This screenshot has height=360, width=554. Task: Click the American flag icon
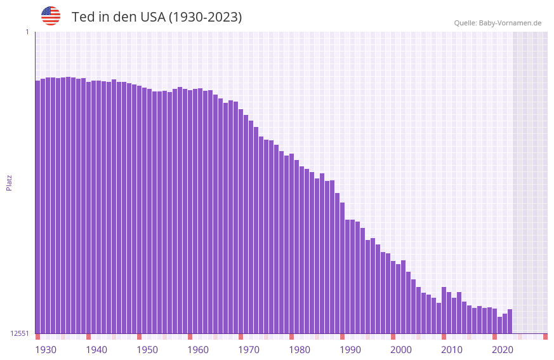(x=51, y=16)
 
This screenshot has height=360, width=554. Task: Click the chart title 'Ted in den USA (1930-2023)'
(x=157, y=17)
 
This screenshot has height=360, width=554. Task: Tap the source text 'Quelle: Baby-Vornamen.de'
(x=498, y=23)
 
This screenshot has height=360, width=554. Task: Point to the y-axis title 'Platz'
(x=9, y=183)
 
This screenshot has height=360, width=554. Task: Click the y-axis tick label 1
(x=27, y=32)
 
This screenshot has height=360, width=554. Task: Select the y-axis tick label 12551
(x=20, y=333)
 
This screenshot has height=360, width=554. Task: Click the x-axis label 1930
(x=46, y=350)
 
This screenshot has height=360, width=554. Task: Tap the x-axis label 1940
(x=96, y=350)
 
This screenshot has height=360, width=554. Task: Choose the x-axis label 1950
(x=147, y=350)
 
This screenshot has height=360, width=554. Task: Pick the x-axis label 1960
(x=198, y=350)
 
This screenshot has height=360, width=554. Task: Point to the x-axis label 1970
(x=249, y=350)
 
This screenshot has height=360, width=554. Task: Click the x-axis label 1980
(x=300, y=350)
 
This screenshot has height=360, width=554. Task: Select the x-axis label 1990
(x=350, y=350)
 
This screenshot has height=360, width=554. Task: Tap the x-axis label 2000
(x=401, y=350)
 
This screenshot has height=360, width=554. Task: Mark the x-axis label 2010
(x=452, y=350)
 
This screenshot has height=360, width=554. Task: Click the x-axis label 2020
(x=503, y=350)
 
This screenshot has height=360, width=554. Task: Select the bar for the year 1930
(x=37, y=206)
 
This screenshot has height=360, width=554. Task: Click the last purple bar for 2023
(x=510, y=321)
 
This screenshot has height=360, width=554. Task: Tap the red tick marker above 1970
(x=241, y=337)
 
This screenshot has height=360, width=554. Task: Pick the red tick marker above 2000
(x=393, y=337)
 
